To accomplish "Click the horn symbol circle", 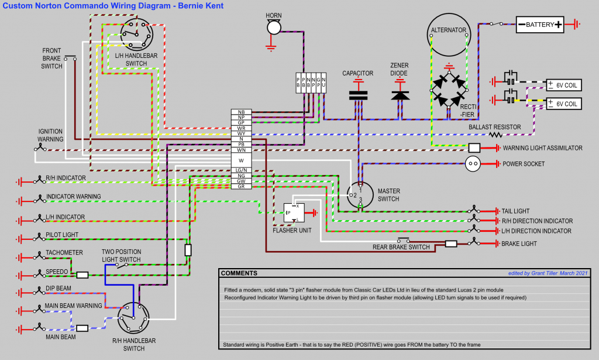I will [x=273, y=28].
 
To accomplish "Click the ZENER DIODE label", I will [x=400, y=69].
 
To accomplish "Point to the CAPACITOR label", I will [x=358, y=74].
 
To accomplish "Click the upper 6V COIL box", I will [x=563, y=85].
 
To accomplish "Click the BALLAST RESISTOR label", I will [x=494, y=127].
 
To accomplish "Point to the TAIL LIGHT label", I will [x=515, y=211].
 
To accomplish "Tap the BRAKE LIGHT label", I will [x=519, y=244].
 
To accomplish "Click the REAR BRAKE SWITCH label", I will [x=401, y=247].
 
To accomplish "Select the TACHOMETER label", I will [x=64, y=253].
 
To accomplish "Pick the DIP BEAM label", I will [x=58, y=289].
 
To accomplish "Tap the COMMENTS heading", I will [x=239, y=273].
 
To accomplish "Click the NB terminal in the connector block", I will [x=241, y=112].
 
